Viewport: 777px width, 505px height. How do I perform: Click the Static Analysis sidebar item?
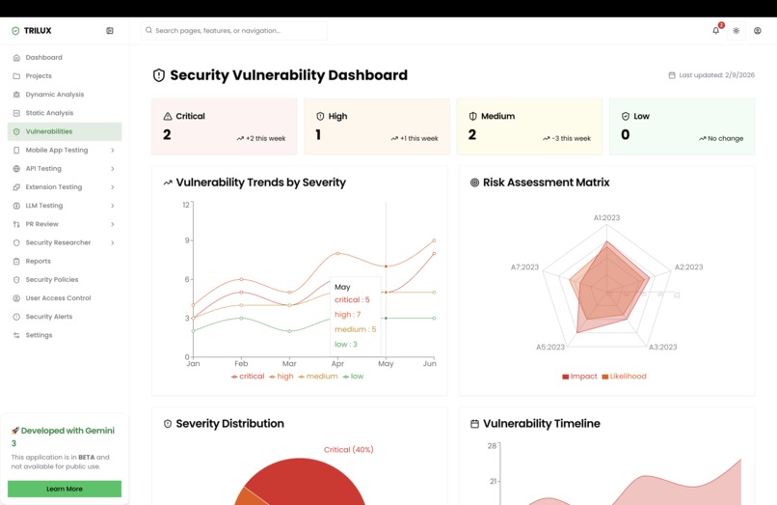[48, 113]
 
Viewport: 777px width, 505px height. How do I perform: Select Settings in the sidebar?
[39, 335]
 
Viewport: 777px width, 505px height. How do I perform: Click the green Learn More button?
[65, 489]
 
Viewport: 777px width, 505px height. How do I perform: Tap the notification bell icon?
[715, 31]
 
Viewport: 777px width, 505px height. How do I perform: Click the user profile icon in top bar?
[757, 31]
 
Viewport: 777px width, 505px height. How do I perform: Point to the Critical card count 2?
[167, 135]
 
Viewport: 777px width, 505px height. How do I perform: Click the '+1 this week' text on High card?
[418, 139]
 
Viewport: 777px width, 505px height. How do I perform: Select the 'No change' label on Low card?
[725, 139]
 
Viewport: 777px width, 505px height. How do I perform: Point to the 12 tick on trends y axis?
[186, 205]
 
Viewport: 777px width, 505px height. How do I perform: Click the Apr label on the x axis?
[337, 364]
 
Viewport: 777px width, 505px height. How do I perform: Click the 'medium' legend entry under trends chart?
[321, 377]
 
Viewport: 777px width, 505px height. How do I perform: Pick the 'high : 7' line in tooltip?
[347, 315]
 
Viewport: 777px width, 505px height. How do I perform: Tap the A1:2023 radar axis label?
[606, 218]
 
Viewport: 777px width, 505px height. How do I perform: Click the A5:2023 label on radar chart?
[550, 347]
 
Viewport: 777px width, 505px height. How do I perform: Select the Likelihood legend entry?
[628, 377]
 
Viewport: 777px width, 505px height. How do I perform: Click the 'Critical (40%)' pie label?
[348, 449]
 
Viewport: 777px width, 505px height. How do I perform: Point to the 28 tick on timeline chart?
[492, 446]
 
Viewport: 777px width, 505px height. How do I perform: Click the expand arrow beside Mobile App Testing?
[113, 151]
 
